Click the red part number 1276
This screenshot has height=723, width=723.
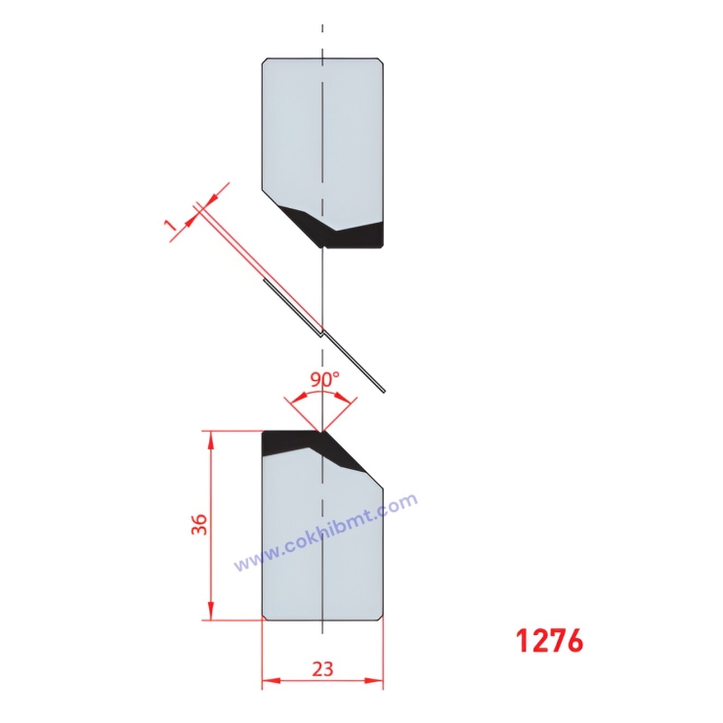(549, 640)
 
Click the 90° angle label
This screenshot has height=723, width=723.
(324, 377)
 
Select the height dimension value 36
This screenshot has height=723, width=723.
(198, 525)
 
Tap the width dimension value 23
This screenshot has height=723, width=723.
(322, 669)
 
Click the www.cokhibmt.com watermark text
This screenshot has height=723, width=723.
(325, 532)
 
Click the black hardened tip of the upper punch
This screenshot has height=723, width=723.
(342, 233)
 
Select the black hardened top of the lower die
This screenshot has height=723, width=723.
(293, 442)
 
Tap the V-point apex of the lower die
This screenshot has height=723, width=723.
(321, 431)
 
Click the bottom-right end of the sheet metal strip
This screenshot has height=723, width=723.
(384, 392)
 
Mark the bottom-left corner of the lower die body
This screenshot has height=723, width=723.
(266, 617)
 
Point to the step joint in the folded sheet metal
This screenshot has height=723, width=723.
(321, 330)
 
